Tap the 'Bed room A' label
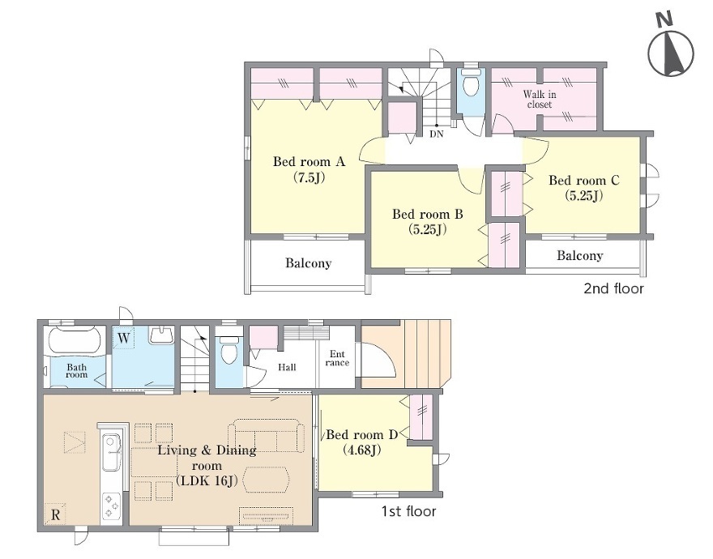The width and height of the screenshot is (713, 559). click(x=310, y=161)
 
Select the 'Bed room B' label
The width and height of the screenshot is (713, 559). click(x=428, y=214)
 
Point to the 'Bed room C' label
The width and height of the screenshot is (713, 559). click(x=584, y=180)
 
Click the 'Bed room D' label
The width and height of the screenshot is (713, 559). click(x=362, y=434)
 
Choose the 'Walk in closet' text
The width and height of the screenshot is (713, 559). click(x=540, y=99)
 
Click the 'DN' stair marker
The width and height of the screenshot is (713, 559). click(x=437, y=134)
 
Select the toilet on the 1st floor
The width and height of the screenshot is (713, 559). click(x=228, y=350)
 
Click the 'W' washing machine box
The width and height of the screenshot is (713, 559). click(x=124, y=339)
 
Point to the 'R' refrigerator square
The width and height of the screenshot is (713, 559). click(x=55, y=514)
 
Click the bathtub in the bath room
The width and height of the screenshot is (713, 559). click(x=74, y=339)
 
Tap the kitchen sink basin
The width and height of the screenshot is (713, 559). click(x=112, y=453)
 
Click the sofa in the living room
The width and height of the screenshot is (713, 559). click(x=267, y=436)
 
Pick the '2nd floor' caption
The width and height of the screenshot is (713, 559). click(x=613, y=288)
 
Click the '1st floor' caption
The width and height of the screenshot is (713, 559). click(x=408, y=511)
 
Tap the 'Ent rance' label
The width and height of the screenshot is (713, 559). click(x=337, y=358)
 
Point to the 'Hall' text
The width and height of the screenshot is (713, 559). click(x=287, y=367)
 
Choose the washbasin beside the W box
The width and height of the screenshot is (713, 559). click(x=161, y=335)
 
